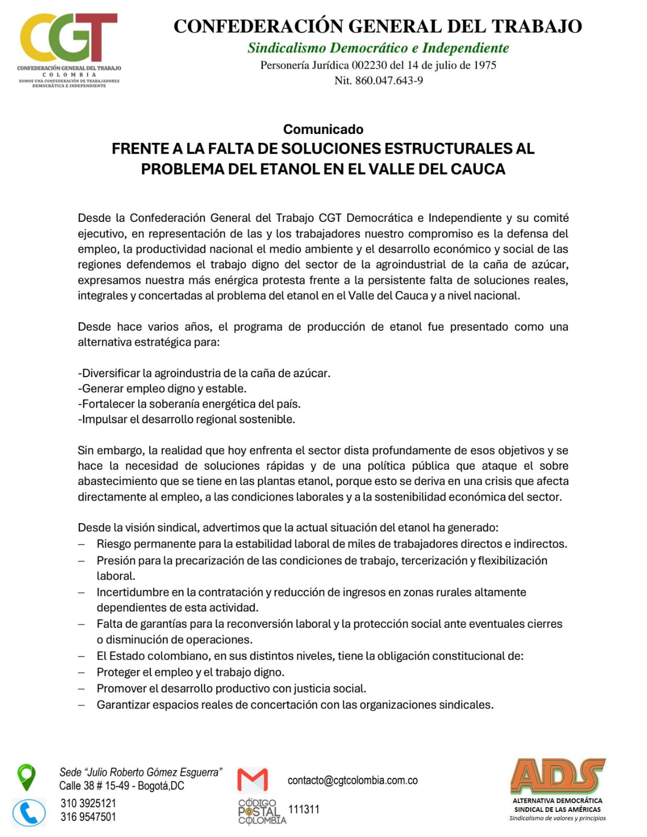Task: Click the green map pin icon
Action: (x=26, y=777)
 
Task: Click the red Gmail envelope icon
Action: (x=253, y=779)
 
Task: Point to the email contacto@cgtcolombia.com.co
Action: (x=352, y=781)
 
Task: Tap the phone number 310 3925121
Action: (x=88, y=803)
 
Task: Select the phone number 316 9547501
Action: (x=88, y=817)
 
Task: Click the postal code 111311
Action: (x=304, y=809)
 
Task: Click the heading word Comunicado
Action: (x=323, y=129)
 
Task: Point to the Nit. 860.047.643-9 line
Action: (x=378, y=81)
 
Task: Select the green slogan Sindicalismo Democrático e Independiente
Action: (x=378, y=48)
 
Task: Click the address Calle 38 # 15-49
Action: (x=94, y=786)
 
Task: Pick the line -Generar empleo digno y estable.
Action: (x=162, y=389)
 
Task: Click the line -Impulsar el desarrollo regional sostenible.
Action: (x=186, y=420)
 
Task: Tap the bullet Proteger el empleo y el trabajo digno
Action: (x=191, y=672)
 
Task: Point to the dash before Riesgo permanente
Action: (x=82, y=544)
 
